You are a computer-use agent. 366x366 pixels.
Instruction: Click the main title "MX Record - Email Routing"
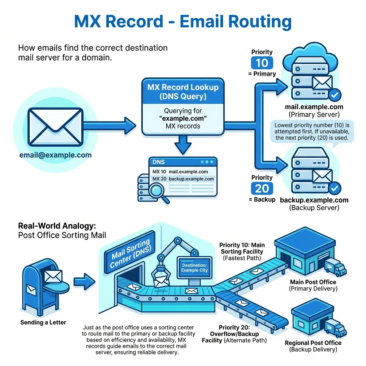(x=183, y=21)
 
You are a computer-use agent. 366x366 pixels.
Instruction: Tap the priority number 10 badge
(x=262, y=63)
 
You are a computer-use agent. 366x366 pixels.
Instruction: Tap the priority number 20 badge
(x=262, y=188)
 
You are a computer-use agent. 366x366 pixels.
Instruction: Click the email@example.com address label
(x=55, y=155)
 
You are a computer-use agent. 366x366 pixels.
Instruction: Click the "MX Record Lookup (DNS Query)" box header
(x=183, y=92)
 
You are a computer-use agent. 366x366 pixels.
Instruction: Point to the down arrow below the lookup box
(x=183, y=145)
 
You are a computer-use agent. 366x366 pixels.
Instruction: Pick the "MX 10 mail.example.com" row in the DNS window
(x=180, y=172)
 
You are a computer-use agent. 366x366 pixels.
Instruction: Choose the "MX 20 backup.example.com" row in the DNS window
(x=183, y=179)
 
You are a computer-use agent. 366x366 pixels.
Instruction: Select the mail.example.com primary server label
(x=314, y=107)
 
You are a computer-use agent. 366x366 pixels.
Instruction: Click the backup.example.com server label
(x=314, y=200)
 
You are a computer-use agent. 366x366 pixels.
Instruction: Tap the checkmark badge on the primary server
(x=335, y=95)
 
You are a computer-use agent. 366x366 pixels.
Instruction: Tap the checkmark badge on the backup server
(x=335, y=188)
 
